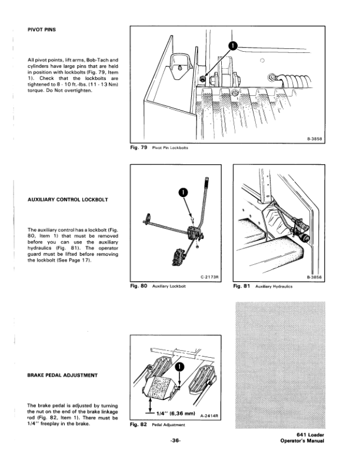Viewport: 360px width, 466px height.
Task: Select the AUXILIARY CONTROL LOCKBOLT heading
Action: point(67,199)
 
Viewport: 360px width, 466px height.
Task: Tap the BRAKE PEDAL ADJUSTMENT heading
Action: point(64,374)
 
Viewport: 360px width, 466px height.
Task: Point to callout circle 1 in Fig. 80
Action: point(183,192)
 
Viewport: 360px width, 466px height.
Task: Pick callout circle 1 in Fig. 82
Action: point(180,369)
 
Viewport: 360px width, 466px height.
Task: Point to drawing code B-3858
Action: point(316,139)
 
